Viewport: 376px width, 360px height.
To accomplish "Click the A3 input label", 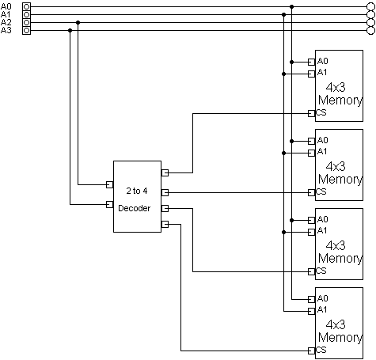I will [x=7, y=30].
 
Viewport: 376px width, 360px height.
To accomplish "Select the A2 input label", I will [x=7, y=22].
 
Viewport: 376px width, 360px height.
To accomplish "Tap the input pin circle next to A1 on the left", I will [x=28, y=14].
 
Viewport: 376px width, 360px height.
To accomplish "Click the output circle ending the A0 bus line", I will [x=370, y=6].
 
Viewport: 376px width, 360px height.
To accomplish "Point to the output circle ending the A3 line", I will [x=370, y=30].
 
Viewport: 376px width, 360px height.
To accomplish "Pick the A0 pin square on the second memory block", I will [x=311, y=140].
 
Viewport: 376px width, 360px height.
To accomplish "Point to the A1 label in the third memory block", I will [x=322, y=230].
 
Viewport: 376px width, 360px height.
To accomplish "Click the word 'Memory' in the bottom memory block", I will [x=340, y=338].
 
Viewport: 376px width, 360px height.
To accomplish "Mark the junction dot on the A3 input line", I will [x=70, y=30].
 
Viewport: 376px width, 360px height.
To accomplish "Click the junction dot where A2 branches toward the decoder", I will [x=78, y=22].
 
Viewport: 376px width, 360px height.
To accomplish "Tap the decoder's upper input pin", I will [x=110, y=185].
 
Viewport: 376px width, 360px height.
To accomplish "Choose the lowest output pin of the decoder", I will [x=165, y=225].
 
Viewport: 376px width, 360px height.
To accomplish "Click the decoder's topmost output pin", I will [x=165, y=172].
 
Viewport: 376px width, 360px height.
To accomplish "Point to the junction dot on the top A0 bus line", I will [x=292, y=6].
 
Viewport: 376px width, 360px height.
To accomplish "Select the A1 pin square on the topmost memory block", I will [x=311, y=73].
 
